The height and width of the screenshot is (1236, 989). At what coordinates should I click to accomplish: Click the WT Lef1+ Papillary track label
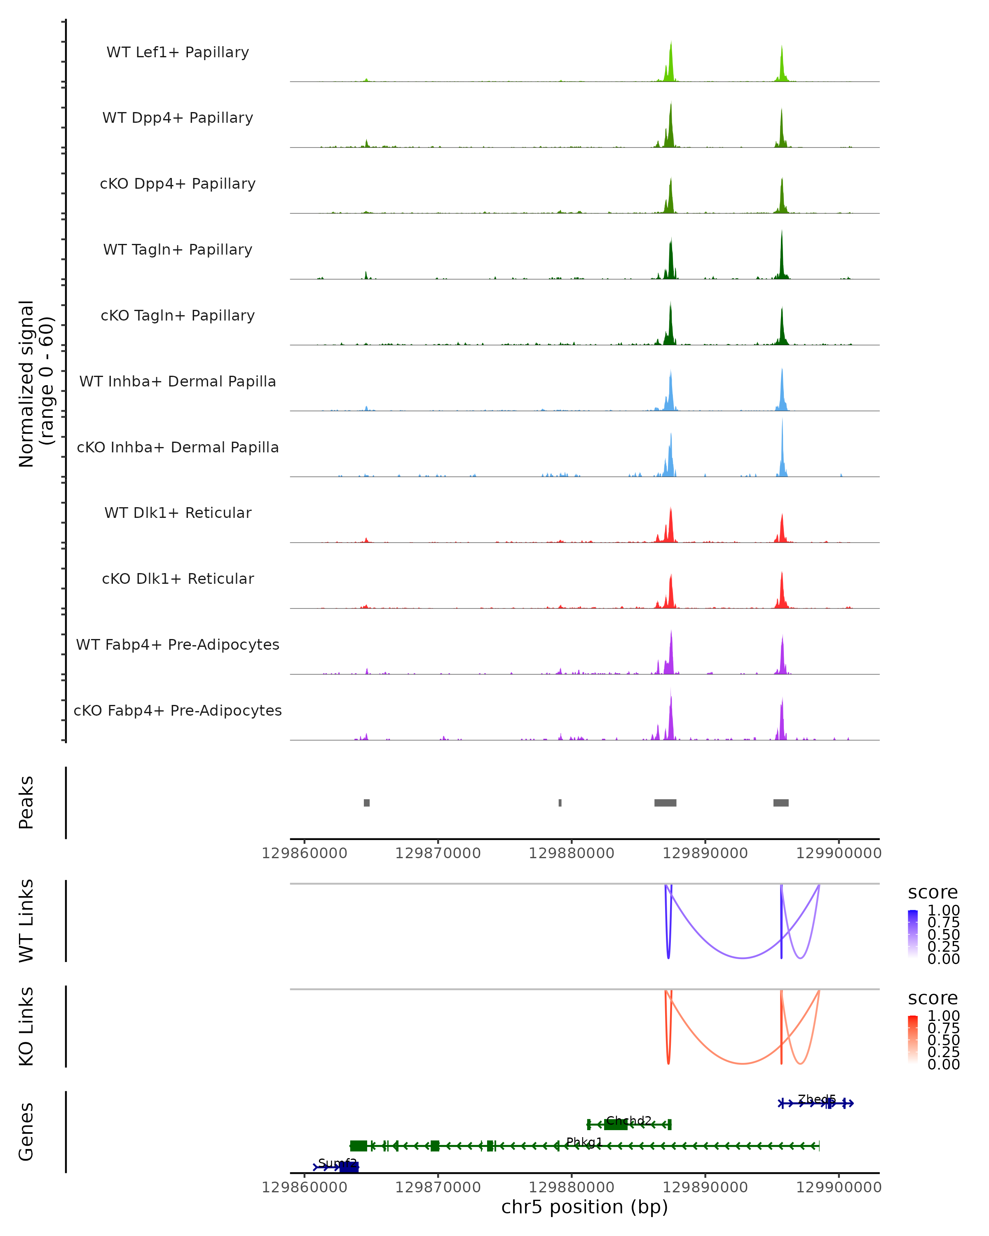coord(178,52)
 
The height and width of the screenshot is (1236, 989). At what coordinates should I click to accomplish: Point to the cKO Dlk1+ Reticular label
coord(178,578)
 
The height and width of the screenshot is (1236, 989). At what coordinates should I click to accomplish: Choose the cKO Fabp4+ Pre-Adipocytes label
coord(178,710)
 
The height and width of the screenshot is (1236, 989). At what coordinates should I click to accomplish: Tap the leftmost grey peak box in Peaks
coord(366,803)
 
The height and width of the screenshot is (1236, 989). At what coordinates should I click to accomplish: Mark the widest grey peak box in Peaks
coord(665,803)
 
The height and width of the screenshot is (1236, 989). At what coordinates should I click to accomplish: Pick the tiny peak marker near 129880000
coord(560,803)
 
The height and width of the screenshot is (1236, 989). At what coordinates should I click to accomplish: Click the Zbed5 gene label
coord(816,1099)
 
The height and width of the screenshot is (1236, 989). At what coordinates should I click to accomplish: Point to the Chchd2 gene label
coord(628,1120)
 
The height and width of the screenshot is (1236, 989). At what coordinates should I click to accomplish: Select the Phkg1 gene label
coord(584,1142)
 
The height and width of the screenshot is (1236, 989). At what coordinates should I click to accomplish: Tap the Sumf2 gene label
coord(337,1163)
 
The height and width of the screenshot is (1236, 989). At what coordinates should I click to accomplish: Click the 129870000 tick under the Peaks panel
coord(438,853)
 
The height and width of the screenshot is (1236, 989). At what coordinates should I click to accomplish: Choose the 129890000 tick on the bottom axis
coord(705,1187)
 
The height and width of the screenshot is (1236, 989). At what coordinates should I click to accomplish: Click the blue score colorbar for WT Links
coord(913,934)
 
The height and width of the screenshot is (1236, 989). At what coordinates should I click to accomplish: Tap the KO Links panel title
coord(26,1026)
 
